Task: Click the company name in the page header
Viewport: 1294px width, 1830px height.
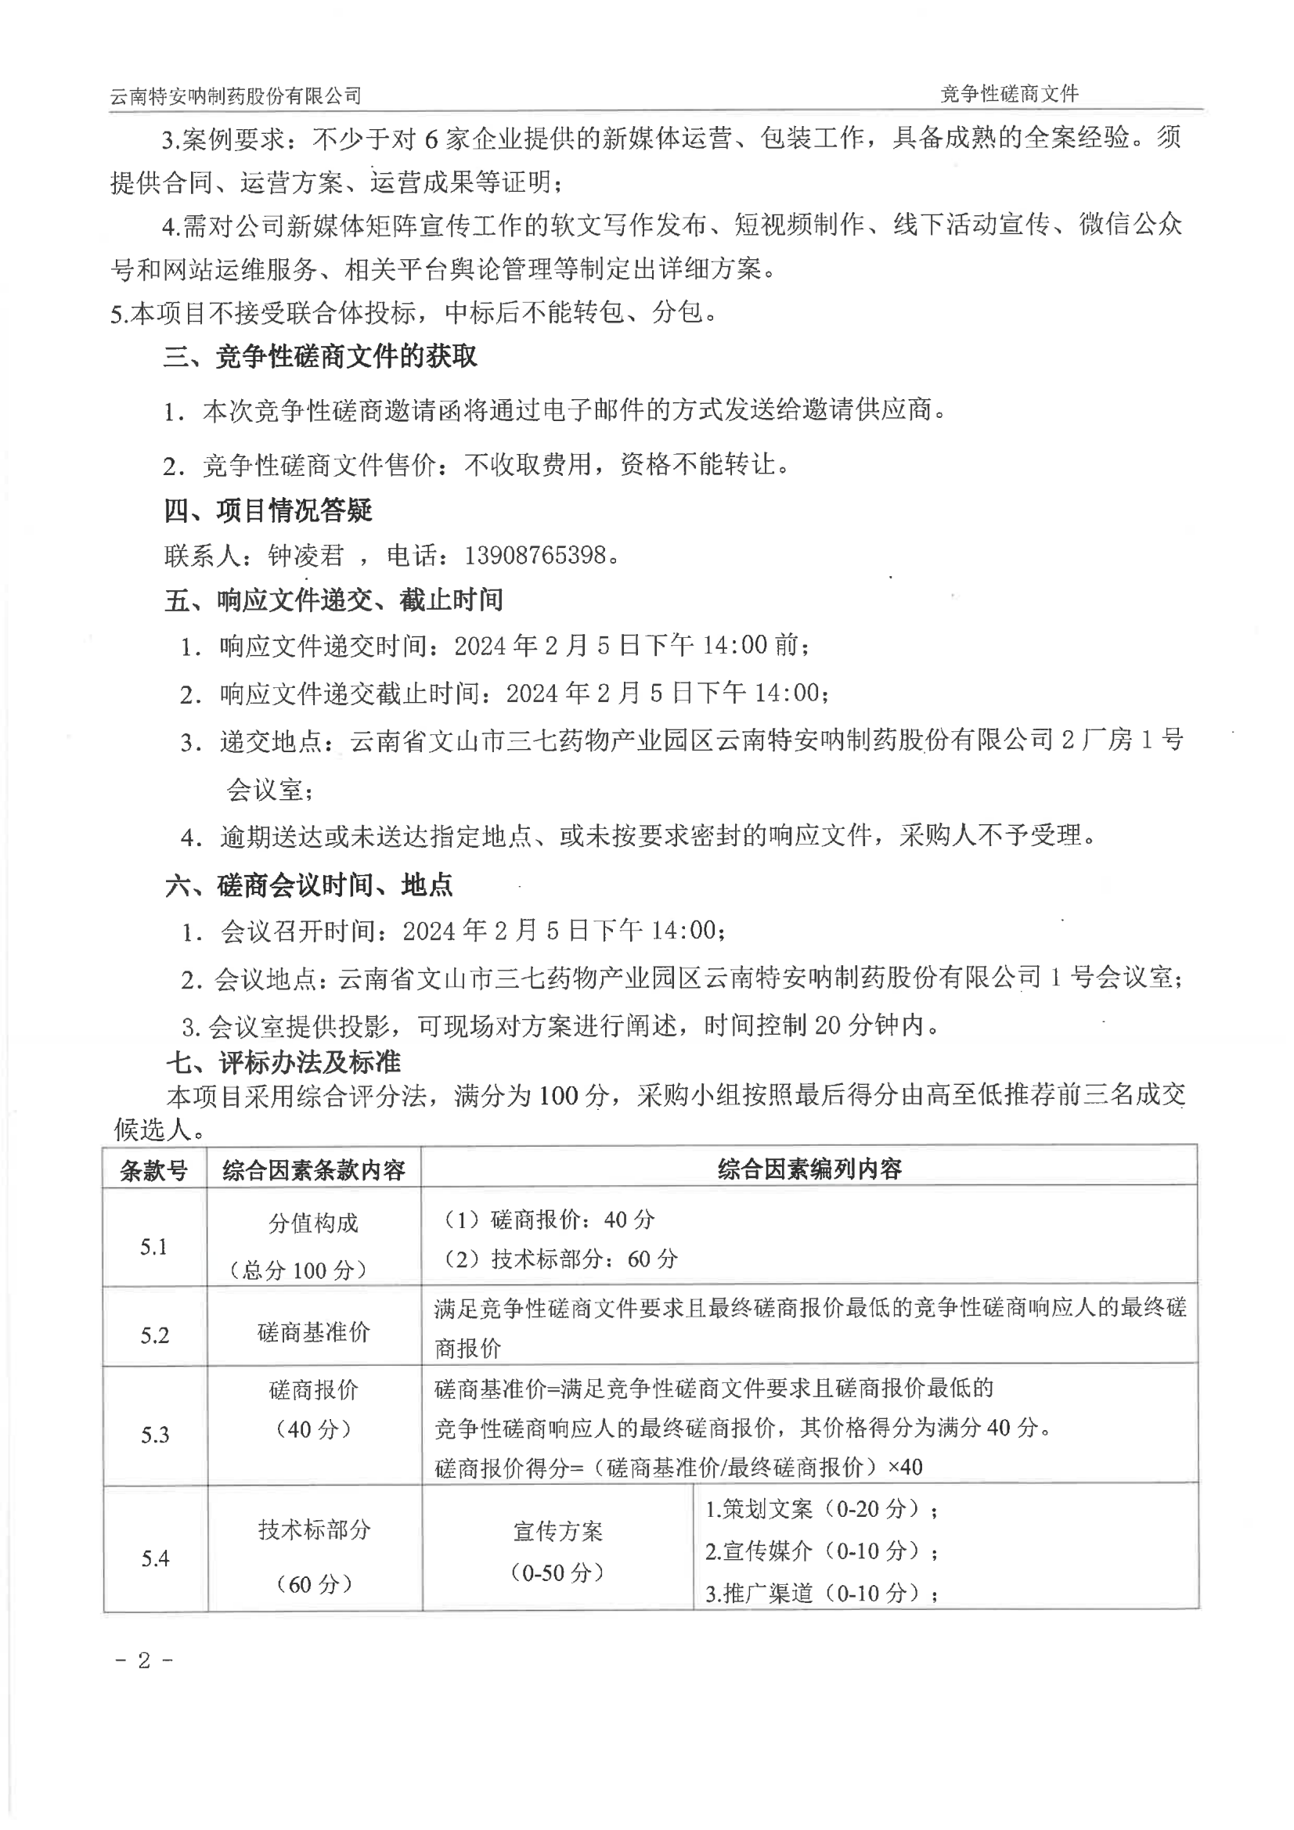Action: [235, 96]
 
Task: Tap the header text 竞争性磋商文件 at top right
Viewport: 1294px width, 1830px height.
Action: [1008, 94]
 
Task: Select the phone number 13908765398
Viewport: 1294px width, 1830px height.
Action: [535, 555]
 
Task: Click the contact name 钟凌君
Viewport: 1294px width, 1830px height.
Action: [305, 556]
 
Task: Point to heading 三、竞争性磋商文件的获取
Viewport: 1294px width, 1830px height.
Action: [320, 356]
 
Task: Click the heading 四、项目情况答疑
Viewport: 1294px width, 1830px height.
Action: [269, 510]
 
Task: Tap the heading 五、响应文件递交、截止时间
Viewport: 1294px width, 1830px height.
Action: [333, 600]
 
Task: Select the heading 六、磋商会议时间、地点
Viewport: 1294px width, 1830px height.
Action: [309, 884]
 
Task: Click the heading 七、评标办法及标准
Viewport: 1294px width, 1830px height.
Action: [283, 1061]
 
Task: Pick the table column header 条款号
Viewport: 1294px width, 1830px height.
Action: [154, 1170]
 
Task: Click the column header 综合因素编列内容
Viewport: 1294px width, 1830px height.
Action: [809, 1169]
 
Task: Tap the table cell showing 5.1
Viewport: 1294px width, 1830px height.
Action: [154, 1247]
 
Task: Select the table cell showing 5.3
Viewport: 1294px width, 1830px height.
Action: [156, 1435]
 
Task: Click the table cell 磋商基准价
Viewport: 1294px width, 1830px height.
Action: [314, 1332]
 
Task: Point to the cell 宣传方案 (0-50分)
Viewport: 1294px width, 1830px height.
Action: [557, 1551]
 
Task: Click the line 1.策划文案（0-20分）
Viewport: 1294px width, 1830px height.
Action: [821, 1509]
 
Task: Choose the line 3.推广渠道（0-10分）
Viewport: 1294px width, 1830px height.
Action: [821, 1594]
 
